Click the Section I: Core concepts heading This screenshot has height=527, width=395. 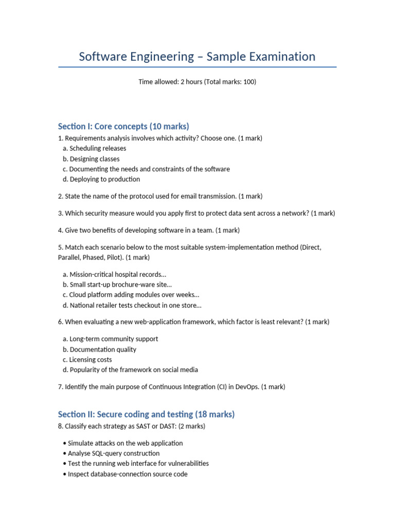click(x=123, y=126)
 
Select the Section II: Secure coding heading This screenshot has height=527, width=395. click(x=146, y=414)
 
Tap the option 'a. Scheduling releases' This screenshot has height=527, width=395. click(x=94, y=148)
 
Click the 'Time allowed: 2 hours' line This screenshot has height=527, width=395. click(x=197, y=82)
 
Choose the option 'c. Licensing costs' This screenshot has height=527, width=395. click(x=87, y=359)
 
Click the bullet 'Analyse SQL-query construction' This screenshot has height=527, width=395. click(x=113, y=453)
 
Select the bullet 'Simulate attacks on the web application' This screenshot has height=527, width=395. click(x=125, y=443)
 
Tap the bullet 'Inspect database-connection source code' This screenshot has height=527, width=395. click(x=127, y=474)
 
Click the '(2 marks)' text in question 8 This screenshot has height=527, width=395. click(x=192, y=426)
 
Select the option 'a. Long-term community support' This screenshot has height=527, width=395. click(x=110, y=339)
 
